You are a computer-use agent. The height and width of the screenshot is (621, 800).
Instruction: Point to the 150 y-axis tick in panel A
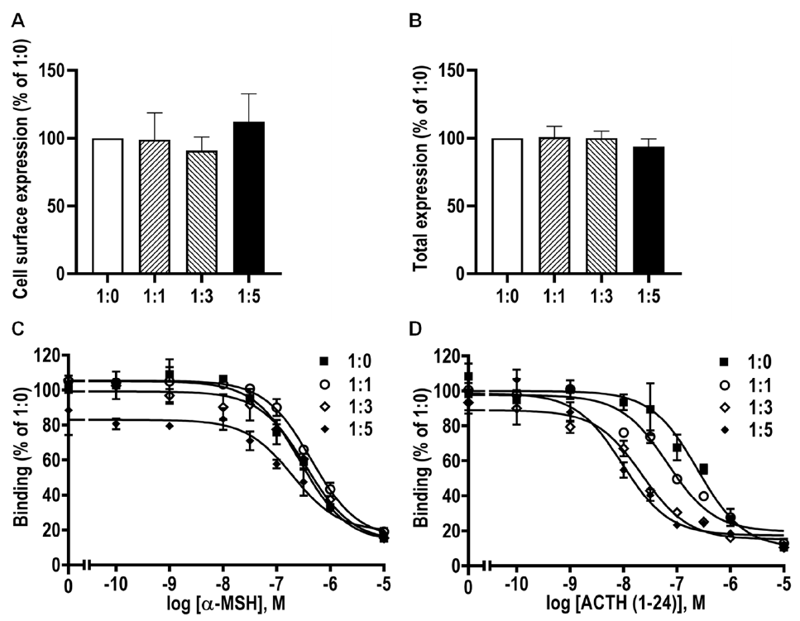[54, 70]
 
